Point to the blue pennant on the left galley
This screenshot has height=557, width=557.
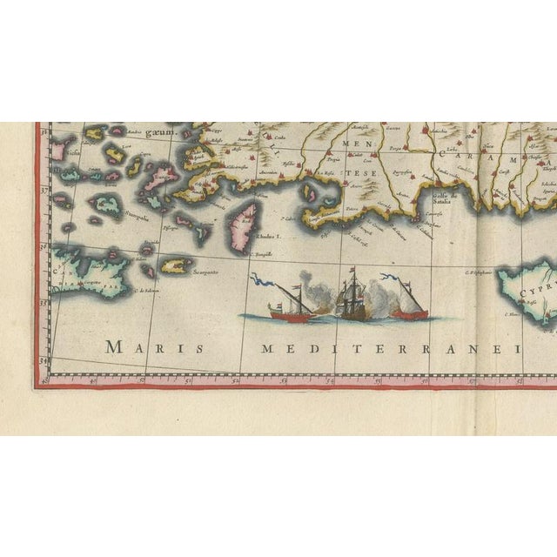point(258,280)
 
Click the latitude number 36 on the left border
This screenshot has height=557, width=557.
point(44,245)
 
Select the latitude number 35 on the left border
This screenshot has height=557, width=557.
point(44,302)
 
